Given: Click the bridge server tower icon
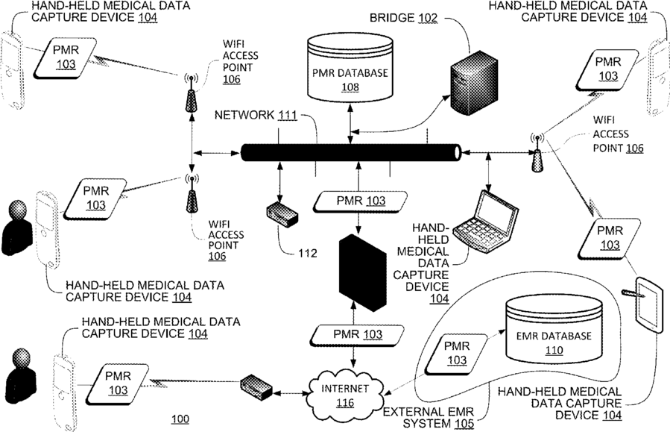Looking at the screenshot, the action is (x=474, y=84).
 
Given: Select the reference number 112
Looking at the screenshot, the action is (x=308, y=253).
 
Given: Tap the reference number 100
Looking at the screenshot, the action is (x=180, y=419).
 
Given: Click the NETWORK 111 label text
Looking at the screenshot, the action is (x=256, y=115).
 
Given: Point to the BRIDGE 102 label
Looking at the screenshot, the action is (x=403, y=18).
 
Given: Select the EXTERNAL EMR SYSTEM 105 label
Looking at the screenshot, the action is (x=429, y=418).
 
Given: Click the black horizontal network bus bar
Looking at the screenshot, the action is (x=351, y=153).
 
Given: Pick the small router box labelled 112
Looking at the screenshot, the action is (x=282, y=214).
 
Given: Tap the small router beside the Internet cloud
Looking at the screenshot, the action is (x=256, y=387).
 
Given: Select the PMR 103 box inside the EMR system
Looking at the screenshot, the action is (x=456, y=354).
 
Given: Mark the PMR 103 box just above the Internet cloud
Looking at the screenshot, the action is (x=358, y=335).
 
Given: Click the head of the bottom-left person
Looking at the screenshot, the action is (x=22, y=357).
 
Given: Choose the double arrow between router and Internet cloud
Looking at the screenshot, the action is (x=290, y=392).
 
